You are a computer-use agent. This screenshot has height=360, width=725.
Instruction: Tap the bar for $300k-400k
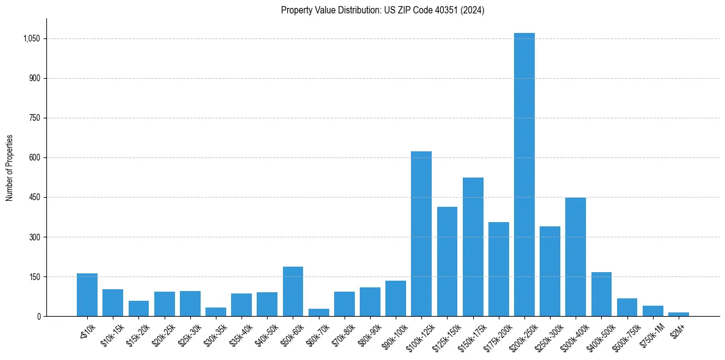pyautogui.click(x=576, y=257)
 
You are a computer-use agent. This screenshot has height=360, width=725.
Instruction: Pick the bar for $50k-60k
pyautogui.click(x=293, y=292)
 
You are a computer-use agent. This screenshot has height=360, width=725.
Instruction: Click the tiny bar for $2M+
pyautogui.click(x=679, y=314)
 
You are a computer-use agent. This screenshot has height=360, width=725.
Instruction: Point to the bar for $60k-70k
pyautogui.click(x=318, y=312)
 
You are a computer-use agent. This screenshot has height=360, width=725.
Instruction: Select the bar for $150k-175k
pyautogui.click(x=473, y=247)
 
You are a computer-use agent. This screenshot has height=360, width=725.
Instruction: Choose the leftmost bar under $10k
pyautogui.click(x=87, y=295)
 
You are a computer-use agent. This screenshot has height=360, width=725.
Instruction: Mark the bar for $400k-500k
pyautogui.click(x=601, y=294)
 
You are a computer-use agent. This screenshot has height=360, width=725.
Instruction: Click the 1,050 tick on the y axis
pyautogui.click(x=31, y=38)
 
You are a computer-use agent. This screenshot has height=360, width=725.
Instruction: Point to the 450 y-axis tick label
pyautogui.click(x=34, y=197)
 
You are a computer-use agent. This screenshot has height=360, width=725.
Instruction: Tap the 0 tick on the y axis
pyautogui.click(x=38, y=316)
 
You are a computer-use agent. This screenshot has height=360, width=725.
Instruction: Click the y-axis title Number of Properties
pyautogui.click(x=10, y=168)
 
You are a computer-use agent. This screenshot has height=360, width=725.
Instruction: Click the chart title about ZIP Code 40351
pyautogui.click(x=382, y=10)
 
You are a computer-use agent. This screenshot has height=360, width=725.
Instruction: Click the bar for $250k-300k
pyautogui.click(x=550, y=272)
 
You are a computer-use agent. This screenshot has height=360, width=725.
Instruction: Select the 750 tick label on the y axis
pyautogui.click(x=34, y=118)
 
